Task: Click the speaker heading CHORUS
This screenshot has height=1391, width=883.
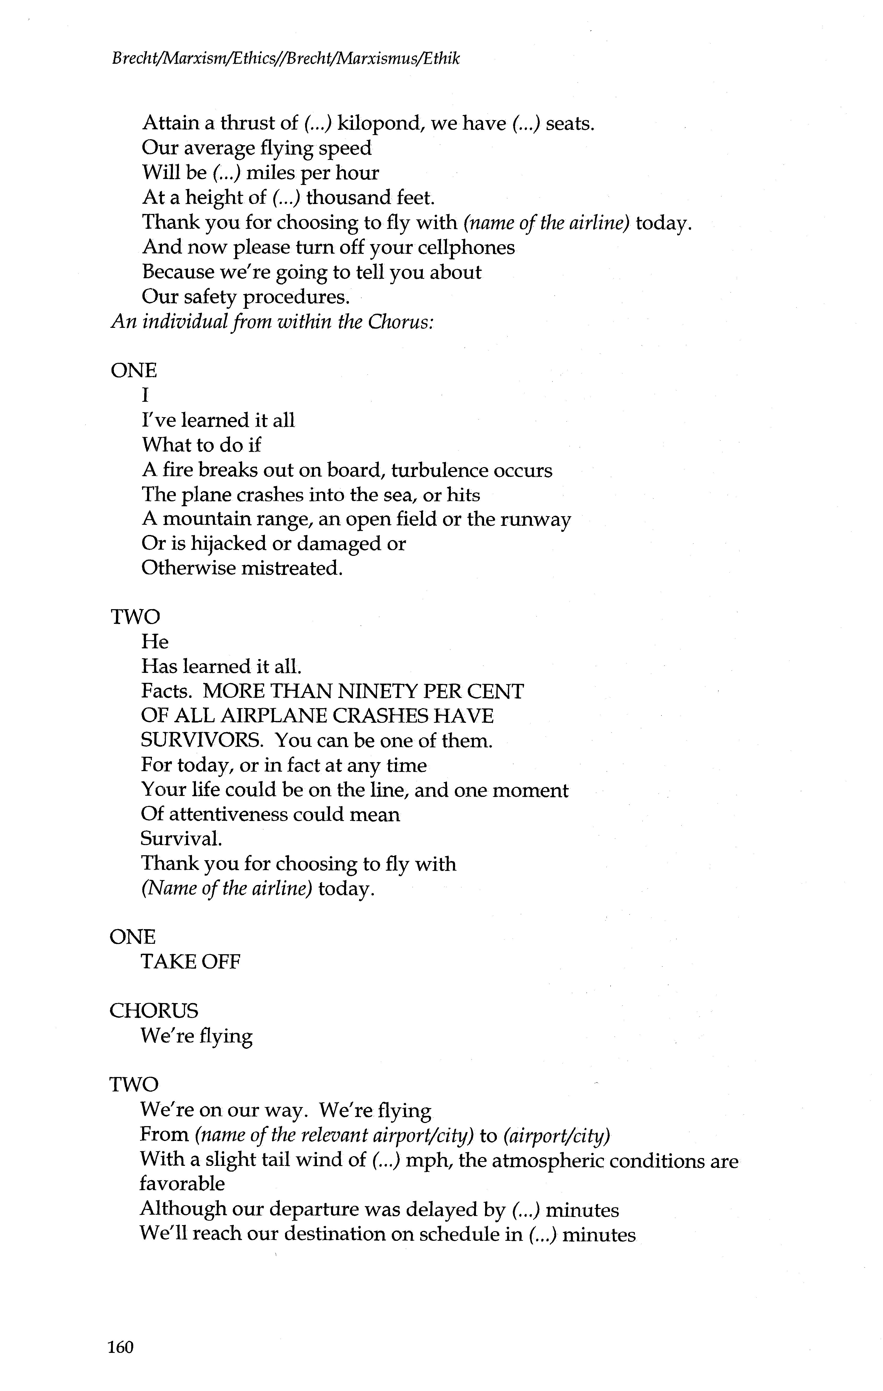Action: [x=154, y=1011]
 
